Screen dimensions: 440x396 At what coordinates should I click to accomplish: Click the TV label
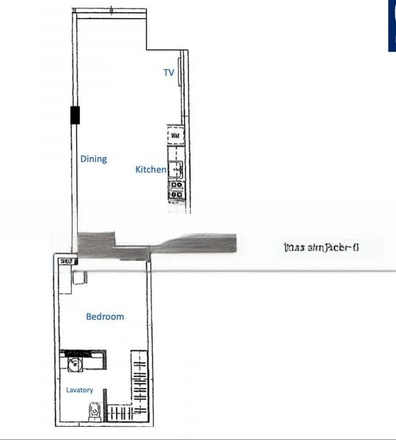(169, 73)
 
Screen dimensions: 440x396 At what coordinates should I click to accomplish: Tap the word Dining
(93, 158)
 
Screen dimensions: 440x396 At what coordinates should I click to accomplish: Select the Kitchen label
(150, 169)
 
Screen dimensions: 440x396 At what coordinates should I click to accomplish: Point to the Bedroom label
(105, 317)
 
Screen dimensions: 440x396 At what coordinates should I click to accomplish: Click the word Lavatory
(80, 389)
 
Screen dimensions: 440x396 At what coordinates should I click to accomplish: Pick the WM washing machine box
(175, 136)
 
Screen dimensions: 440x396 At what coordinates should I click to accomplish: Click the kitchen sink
(176, 170)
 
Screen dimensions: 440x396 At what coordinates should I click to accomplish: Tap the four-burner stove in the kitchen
(176, 189)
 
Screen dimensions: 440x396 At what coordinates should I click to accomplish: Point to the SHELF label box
(65, 261)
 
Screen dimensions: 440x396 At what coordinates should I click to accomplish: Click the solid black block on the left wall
(75, 115)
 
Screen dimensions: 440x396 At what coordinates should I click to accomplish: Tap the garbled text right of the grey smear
(320, 247)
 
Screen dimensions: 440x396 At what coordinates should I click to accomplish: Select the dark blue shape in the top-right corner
(392, 26)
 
